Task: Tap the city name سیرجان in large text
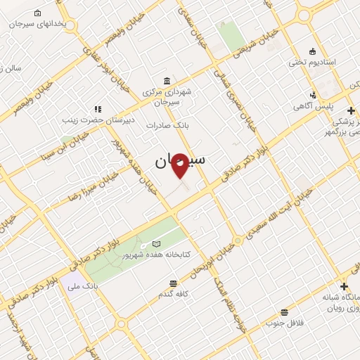(180, 161)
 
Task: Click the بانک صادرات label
(164, 124)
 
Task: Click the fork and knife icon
(98, 109)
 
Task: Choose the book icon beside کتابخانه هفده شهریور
(156, 243)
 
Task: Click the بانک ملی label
(79, 286)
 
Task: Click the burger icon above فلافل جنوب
(284, 311)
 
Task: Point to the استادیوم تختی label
(312, 62)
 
